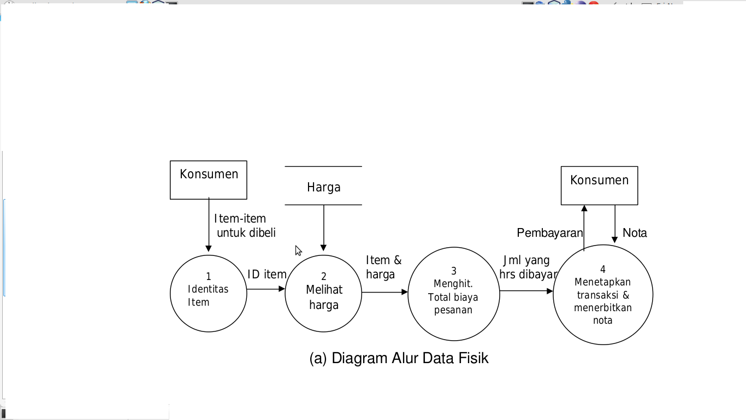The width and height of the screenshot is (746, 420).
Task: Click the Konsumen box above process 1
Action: tap(209, 179)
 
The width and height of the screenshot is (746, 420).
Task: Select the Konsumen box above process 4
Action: tap(599, 185)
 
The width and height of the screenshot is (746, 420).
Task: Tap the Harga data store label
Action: tap(323, 187)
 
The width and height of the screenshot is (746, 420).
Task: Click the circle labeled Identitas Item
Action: tap(208, 294)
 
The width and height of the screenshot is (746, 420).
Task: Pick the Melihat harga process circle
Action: tap(323, 294)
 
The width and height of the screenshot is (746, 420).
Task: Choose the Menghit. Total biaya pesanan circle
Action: tap(453, 294)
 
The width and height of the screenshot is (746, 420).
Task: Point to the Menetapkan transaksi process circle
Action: tap(603, 295)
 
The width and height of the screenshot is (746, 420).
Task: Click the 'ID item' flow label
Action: tap(267, 275)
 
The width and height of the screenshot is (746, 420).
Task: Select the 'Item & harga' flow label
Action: tap(383, 267)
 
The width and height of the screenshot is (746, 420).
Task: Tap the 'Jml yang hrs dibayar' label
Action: tap(528, 267)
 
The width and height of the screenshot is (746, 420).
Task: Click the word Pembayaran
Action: tap(549, 233)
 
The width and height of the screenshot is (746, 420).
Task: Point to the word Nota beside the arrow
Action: tap(635, 233)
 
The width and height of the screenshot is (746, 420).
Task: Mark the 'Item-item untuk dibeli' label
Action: tap(245, 226)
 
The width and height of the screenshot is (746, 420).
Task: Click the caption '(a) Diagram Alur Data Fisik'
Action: tap(399, 358)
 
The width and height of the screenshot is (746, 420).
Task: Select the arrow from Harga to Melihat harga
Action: tap(323, 227)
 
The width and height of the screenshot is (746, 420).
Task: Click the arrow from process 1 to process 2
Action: tap(265, 289)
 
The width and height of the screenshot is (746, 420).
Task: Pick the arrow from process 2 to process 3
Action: tap(384, 292)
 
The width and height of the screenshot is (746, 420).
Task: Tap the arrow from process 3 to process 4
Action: tap(526, 291)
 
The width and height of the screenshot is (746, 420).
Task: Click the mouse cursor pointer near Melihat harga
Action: tap(298, 250)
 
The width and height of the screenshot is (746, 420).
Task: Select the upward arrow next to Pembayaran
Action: tap(584, 227)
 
